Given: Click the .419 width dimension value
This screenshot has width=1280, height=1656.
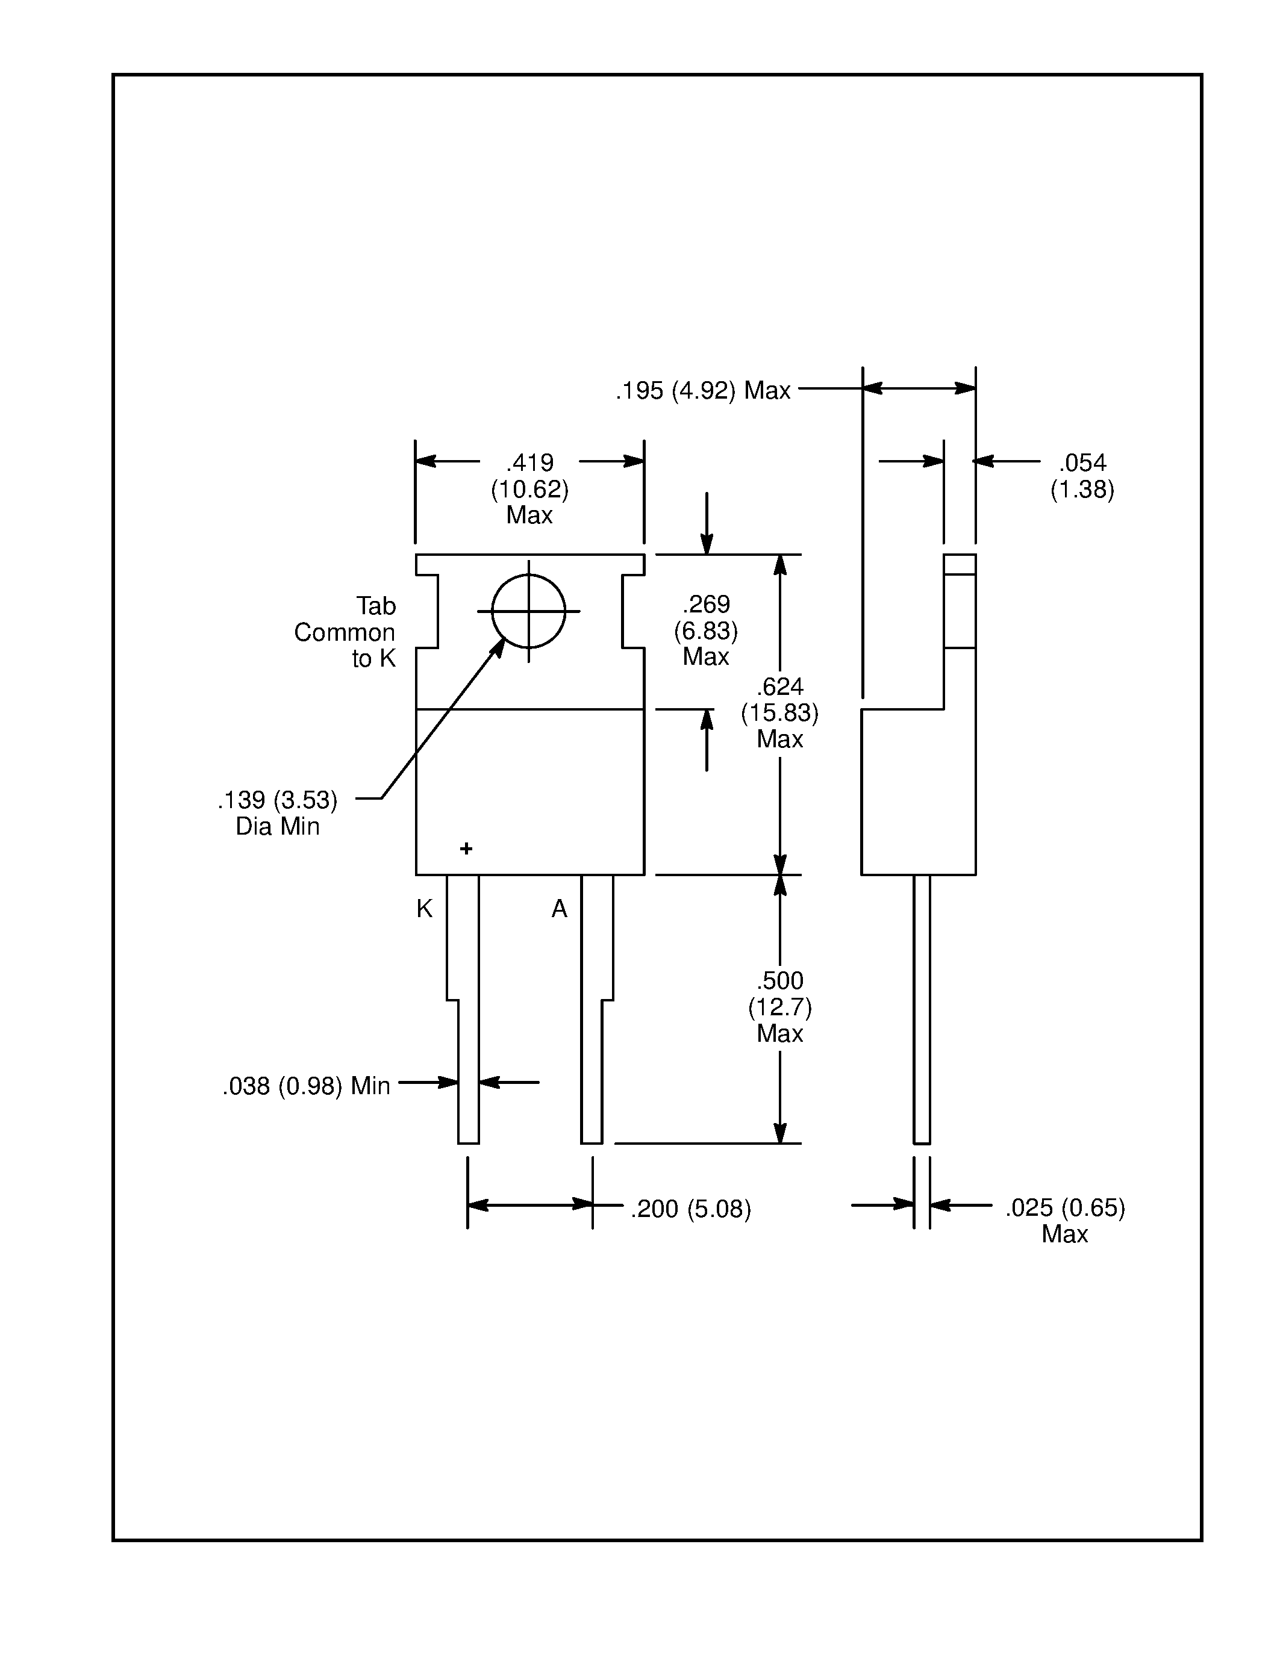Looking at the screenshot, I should [530, 462].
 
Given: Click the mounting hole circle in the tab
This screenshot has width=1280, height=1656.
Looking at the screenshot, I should [528, 611].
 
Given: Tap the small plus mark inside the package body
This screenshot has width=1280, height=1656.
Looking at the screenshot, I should [466, 848].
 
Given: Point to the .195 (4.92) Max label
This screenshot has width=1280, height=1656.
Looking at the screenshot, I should [702, 390].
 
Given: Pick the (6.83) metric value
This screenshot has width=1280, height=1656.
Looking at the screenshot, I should [705, 631].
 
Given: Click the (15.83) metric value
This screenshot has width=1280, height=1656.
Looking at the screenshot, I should [779, 713].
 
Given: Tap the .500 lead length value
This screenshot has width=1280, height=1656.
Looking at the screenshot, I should [779, 980].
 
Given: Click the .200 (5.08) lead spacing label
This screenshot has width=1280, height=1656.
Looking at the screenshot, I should [690, 1209].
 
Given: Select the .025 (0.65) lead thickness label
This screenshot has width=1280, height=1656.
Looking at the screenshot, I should [1064, 1207].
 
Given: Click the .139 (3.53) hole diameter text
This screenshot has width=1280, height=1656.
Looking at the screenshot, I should [278, 800].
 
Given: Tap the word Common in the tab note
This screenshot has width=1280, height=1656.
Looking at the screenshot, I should [345, 632].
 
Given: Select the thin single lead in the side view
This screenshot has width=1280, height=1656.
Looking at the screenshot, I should [922, 1009].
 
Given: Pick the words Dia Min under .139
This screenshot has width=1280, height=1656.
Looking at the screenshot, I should [278, 826].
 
